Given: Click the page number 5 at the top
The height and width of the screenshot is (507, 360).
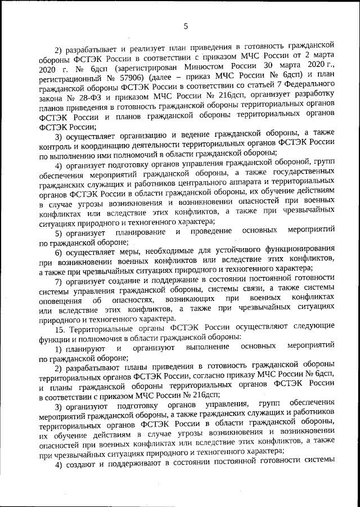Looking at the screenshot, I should point(185,25).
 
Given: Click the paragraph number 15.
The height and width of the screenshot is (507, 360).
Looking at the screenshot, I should point(60,329).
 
